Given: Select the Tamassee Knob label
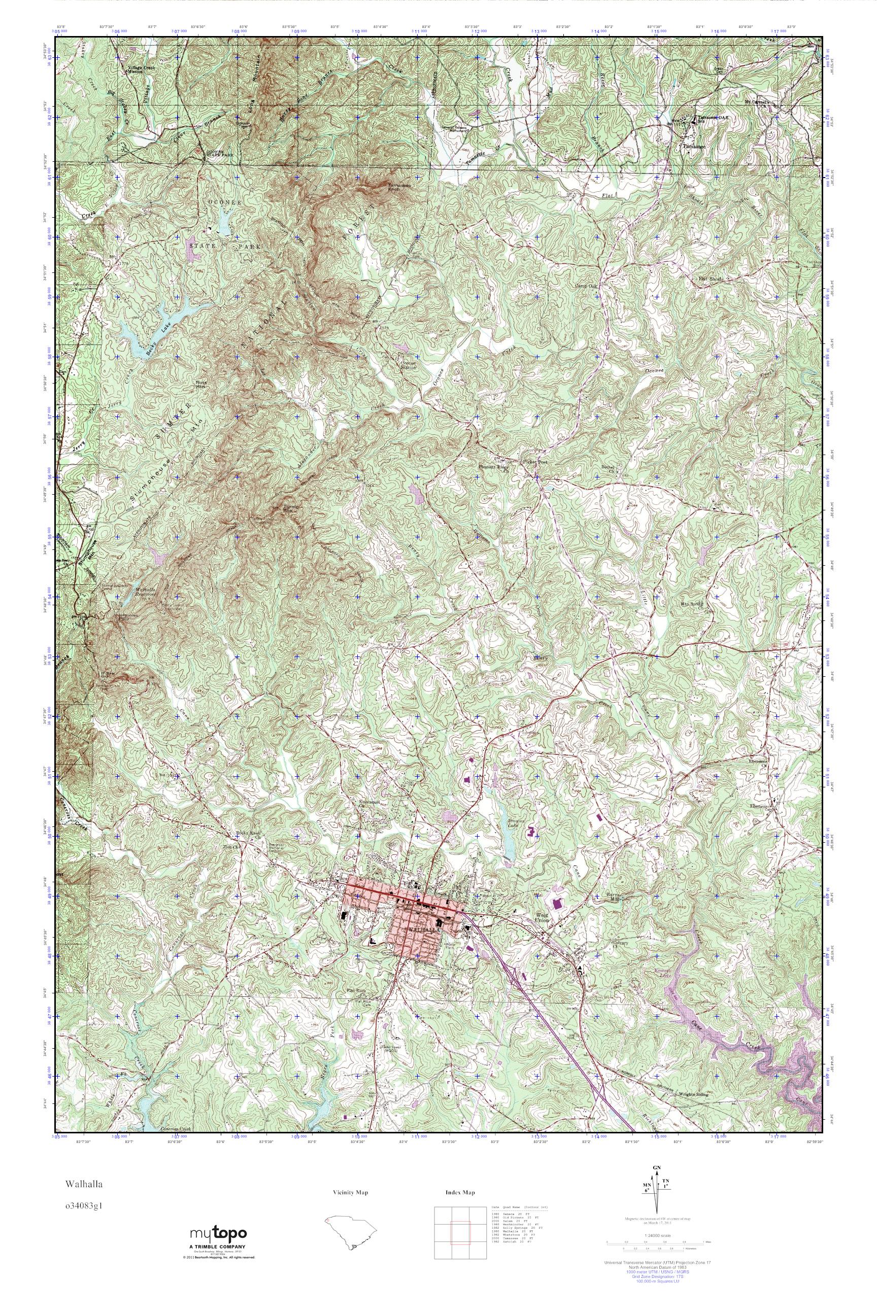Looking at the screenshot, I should (399, 187).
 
